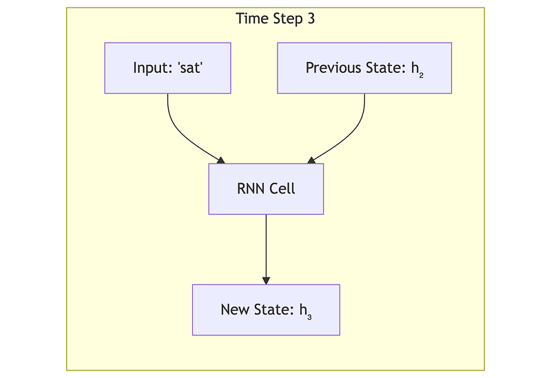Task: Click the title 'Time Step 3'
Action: [275, 19]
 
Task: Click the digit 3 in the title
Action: [311, 19]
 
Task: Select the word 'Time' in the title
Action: [248, 19]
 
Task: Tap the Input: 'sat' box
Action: [167, 68]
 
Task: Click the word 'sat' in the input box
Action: [190, 67]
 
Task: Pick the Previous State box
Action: [364, 68]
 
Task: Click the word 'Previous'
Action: [333, 67]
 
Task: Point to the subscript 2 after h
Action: [421, 75]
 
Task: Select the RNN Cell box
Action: [266, 189]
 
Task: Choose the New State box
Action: [266, 310]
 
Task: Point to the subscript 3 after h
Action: [309, 317]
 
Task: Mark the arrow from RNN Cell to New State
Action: [266, 249]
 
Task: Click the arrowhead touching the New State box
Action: [266, 281]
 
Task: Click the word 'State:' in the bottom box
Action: [274, 310]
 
